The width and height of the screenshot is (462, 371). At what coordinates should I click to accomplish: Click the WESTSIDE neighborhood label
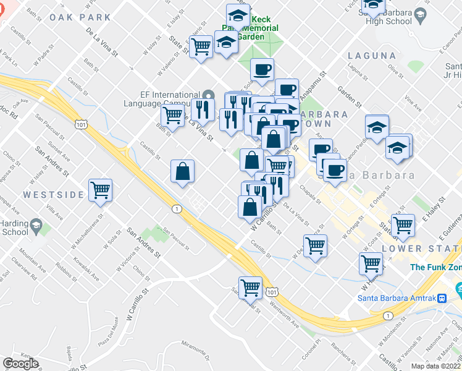point(53,195)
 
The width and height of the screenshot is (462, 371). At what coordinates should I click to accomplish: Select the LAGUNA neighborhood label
point(371,56)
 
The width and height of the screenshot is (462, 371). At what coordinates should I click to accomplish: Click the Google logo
point(20,364)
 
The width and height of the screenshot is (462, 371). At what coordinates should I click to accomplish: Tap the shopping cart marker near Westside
point(100,190)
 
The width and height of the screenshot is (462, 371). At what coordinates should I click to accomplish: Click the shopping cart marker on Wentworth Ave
point(250,287)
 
